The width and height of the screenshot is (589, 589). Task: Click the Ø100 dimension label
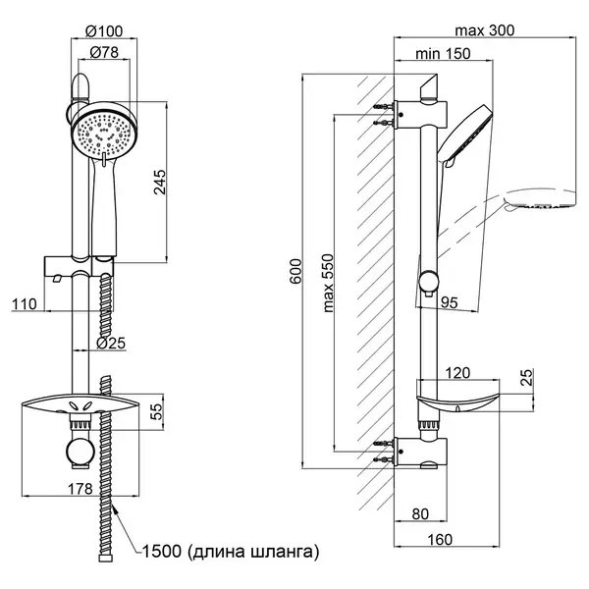click(x=104, y=31)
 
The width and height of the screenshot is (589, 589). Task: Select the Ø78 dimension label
click(x=104, y=52)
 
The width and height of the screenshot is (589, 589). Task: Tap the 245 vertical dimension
click(x=160, y=183)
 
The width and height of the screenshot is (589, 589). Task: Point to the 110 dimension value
click(x=25, y=304)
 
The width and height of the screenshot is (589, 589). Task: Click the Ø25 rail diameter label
click(x=111, y=343)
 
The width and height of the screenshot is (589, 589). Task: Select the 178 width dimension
click(x=80, y=489)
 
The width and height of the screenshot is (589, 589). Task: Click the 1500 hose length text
click(x=231, y=552)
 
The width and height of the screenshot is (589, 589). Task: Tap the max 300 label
click(x=485, y=30)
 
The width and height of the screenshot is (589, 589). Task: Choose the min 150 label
click(x=443, y=54)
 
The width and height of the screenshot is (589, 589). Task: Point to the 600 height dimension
click(x=295, y=271)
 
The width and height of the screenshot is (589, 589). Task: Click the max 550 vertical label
click(x=328, y=284)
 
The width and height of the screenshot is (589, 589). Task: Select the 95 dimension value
click(x=450, y=302)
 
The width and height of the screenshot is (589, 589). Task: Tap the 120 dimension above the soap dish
click(x=457, y=373)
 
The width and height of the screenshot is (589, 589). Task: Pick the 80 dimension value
click(x=420, y=514)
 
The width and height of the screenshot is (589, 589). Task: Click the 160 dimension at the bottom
click(x=440, y=540)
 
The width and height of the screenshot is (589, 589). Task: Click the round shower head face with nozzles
click(x=104, y=132)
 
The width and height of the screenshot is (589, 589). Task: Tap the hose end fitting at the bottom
click(x=106, y=557)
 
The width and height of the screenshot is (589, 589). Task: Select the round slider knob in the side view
click(x=429, y=281)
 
